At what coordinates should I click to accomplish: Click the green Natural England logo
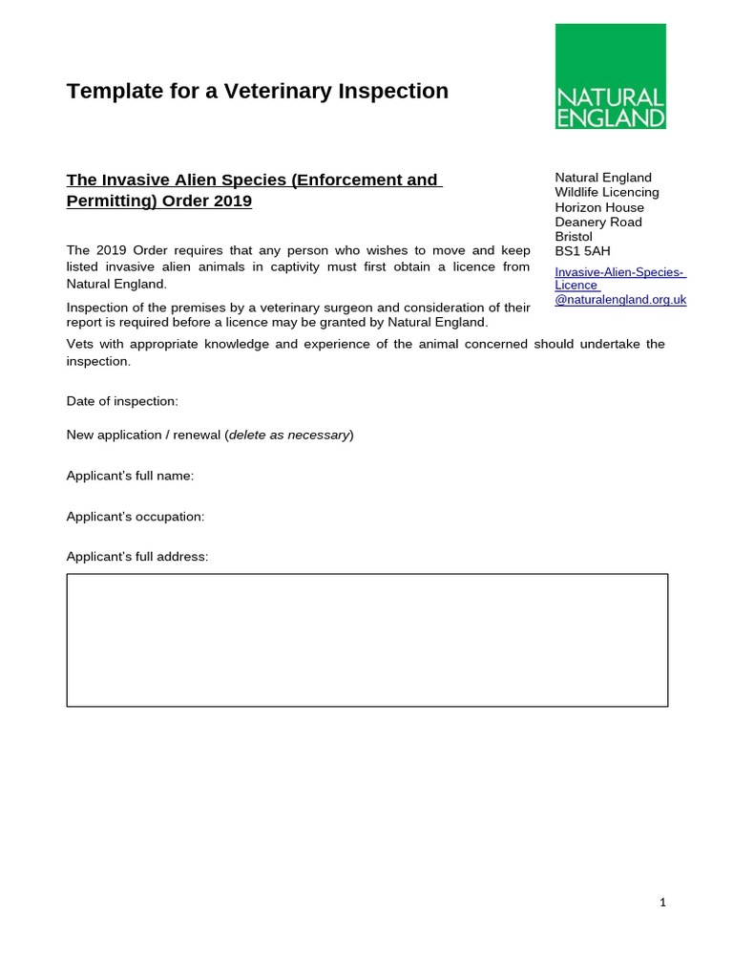coord(610,76)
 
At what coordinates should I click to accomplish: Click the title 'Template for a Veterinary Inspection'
coord(257,92)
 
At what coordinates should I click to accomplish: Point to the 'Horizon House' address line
coord(599,207)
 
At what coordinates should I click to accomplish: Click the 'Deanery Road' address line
coord(598,222)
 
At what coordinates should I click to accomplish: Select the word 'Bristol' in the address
coord(574,237)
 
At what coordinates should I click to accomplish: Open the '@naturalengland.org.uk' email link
coord(620,299)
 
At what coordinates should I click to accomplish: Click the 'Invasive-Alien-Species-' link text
coord(619,272)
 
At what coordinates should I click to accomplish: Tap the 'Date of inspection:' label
coord(122,401)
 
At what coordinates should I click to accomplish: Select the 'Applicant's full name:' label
coord(130,476)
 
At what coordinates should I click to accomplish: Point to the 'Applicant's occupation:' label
coord(136,517)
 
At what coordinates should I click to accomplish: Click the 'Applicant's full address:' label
coord(136,557)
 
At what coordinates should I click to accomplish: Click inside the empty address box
coord(366,640)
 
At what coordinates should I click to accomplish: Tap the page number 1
coord(662,903)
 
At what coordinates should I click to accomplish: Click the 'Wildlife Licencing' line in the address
coord(607,192)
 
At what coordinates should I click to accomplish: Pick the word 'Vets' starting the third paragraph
coord(79,344)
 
